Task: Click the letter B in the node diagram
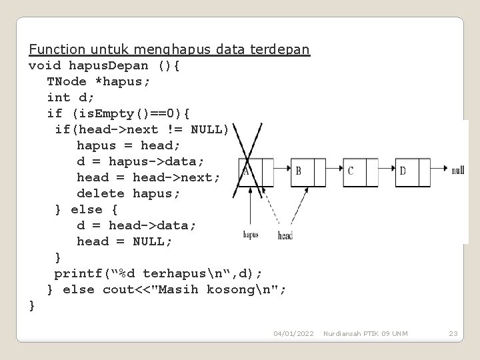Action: [299, 171]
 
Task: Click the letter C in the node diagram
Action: [351, 171]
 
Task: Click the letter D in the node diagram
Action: [402, 171]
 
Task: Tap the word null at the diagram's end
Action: [457, 171]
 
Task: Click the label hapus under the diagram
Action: [250, 235]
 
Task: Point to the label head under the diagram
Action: [285, 235]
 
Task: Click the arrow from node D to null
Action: [437, 170]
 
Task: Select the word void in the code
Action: [45, 65]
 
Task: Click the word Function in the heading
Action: [57, 50]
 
